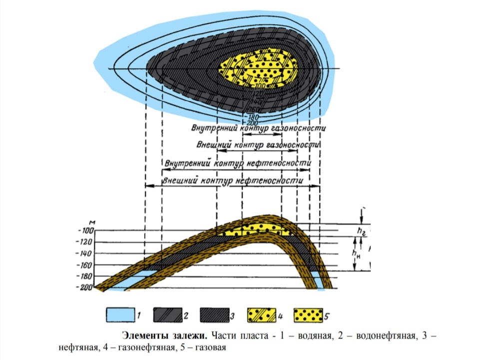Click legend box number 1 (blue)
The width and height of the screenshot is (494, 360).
point(120,315)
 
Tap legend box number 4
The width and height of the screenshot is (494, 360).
point(262,315)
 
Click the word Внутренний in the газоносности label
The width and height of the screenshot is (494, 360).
point(215,128)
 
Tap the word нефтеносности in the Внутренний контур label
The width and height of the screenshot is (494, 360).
point(280,163)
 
